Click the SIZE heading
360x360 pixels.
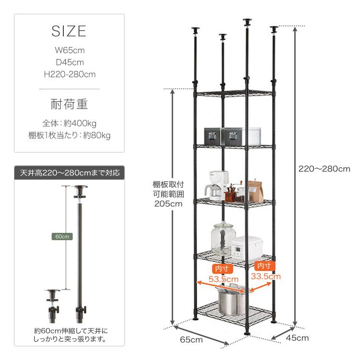coord(69,31)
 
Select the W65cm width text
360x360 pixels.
coord(70,50)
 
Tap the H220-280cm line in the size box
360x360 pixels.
coord(70,74)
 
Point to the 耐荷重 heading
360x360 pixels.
coord(69,104)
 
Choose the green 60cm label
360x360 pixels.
coord(62,237)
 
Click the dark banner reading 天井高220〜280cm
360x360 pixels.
coord(69,173)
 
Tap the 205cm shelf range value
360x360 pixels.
coord(168,204)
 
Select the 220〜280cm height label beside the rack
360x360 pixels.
coord(324,169)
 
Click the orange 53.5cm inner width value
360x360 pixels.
coord(223,279)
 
